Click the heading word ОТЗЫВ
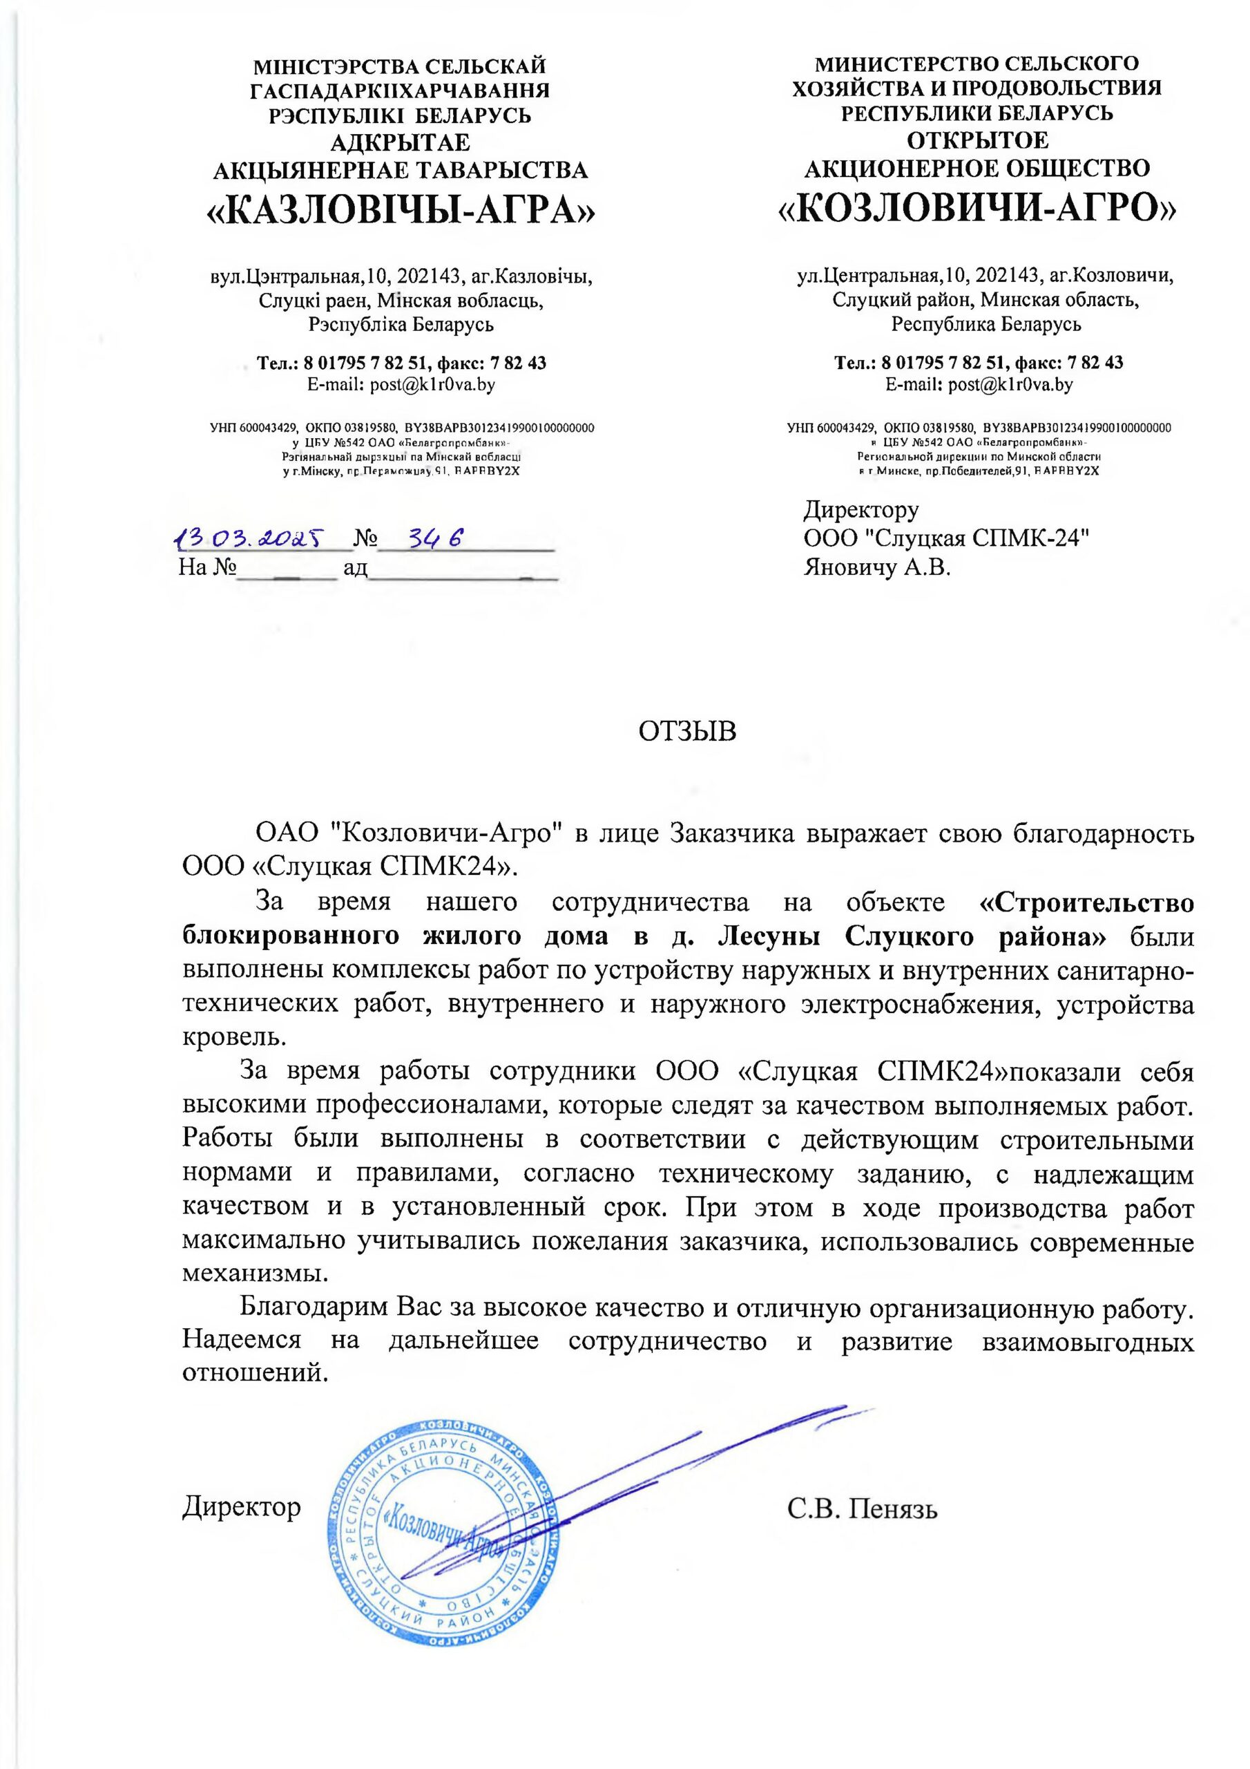[688, 730]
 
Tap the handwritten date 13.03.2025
[249, 538]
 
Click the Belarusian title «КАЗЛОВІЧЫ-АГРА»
[400, 209]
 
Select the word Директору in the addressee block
[861, 509]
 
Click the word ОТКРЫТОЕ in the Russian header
[977, 140]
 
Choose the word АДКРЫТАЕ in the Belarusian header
[400, 142]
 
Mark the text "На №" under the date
[206, 568]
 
